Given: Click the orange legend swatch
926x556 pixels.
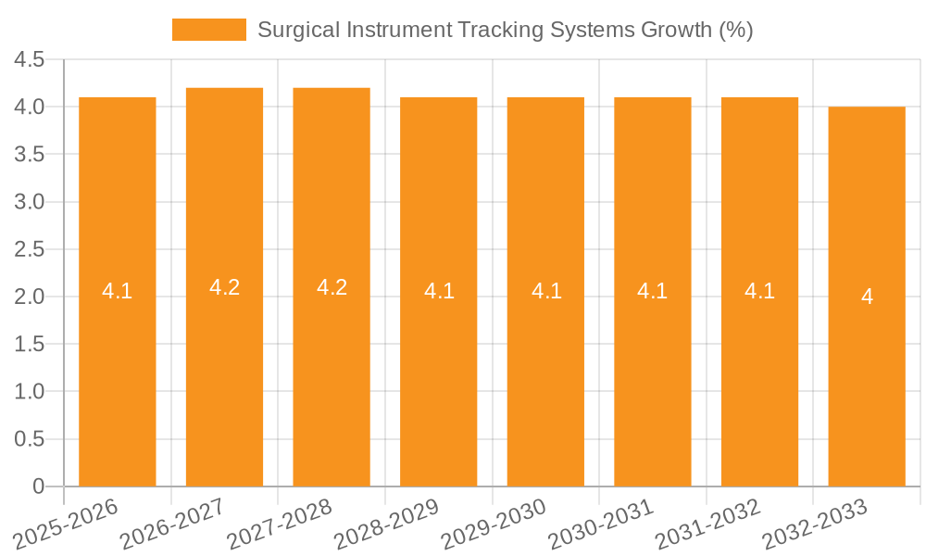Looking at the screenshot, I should [209, 30].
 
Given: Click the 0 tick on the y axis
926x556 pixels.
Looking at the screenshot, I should [38, 486].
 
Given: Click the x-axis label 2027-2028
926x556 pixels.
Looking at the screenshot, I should [280, 525].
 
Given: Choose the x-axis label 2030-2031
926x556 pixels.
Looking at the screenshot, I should [601, 525].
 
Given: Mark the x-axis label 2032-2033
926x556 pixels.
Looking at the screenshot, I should [815, 525].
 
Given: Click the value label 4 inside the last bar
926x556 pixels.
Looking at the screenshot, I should [867, 297].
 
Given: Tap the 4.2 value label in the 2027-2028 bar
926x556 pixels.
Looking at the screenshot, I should [332, 287].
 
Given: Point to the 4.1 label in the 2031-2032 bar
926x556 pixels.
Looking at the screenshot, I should [759, 291].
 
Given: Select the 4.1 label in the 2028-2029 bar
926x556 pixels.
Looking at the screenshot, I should [439, 291].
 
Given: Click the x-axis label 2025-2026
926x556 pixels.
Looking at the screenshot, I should [67, 525].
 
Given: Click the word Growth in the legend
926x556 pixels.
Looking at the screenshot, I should [678, 30].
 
